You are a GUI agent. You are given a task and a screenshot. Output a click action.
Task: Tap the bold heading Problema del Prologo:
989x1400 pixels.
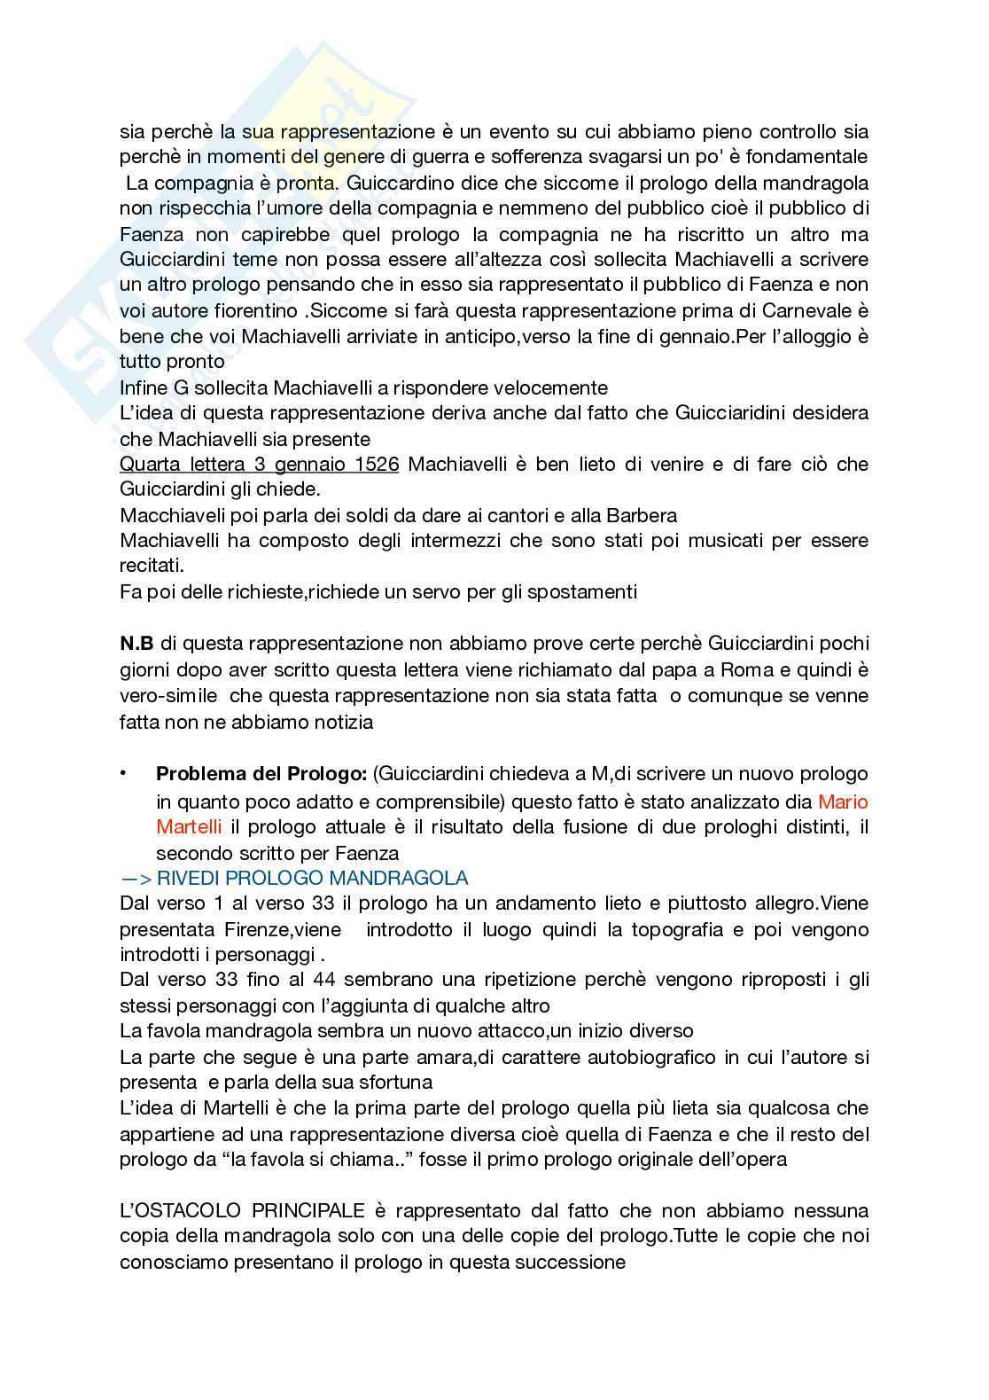(x=261, y=774)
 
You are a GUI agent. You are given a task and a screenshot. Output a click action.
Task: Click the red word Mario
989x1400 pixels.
(x=843, y=802)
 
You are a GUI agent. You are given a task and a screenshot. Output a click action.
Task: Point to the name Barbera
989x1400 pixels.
(x=641, y=516)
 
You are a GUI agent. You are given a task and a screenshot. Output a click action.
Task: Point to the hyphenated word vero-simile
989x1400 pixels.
(x=168, y=696)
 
